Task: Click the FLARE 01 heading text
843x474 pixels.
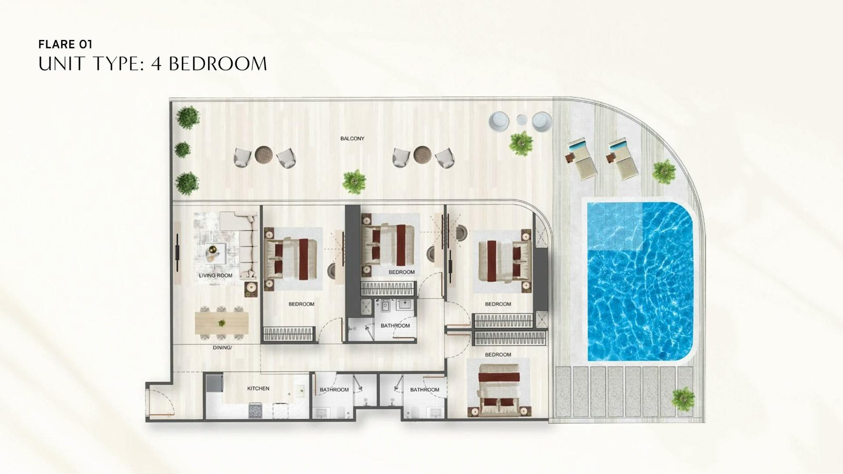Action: pos(65,44)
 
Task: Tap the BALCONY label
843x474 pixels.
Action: pos(352,139)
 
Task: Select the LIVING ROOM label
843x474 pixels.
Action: pos(215,275)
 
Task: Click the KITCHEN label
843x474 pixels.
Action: pos(258,388)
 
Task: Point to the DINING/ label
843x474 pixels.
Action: pos(222,348)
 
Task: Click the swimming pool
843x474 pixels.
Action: pos(640,281)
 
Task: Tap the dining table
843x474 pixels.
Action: pos(222,323)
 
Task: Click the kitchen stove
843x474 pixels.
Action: pos(255,410)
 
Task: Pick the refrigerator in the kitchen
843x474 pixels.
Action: pos(215,384)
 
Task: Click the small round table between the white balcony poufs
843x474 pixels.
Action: pos(522,120)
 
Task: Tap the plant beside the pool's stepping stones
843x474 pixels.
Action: pos(683,399)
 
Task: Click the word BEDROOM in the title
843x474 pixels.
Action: pos(218,64)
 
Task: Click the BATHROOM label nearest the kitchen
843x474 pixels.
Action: pos(334,390)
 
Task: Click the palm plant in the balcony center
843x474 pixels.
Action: pos(354,182)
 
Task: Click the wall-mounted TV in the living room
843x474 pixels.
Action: pos(178,252)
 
